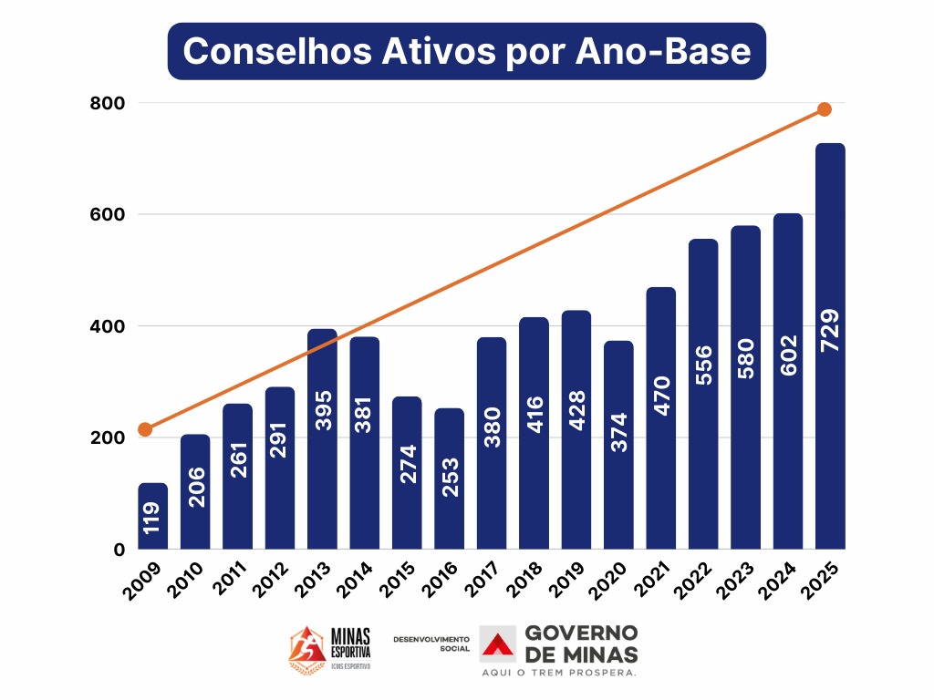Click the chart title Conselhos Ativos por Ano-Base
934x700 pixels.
pyautogui.click(x=466, y=51)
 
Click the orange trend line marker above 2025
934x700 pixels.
pyautogui.click(x=825, y=109)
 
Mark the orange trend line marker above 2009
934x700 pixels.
pyautogui.click(x=144, y=429)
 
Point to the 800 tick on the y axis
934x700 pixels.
pyautogui.click(x=107, y=103)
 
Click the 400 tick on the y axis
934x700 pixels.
pyautogui.click(x=107, y=325)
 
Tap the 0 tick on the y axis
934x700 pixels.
pyautogui.click(x=118, y=549)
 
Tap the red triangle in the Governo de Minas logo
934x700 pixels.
pyautogui.click(x=498, y=644)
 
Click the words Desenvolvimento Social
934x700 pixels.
pyautogui.click(x=431, y=643)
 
